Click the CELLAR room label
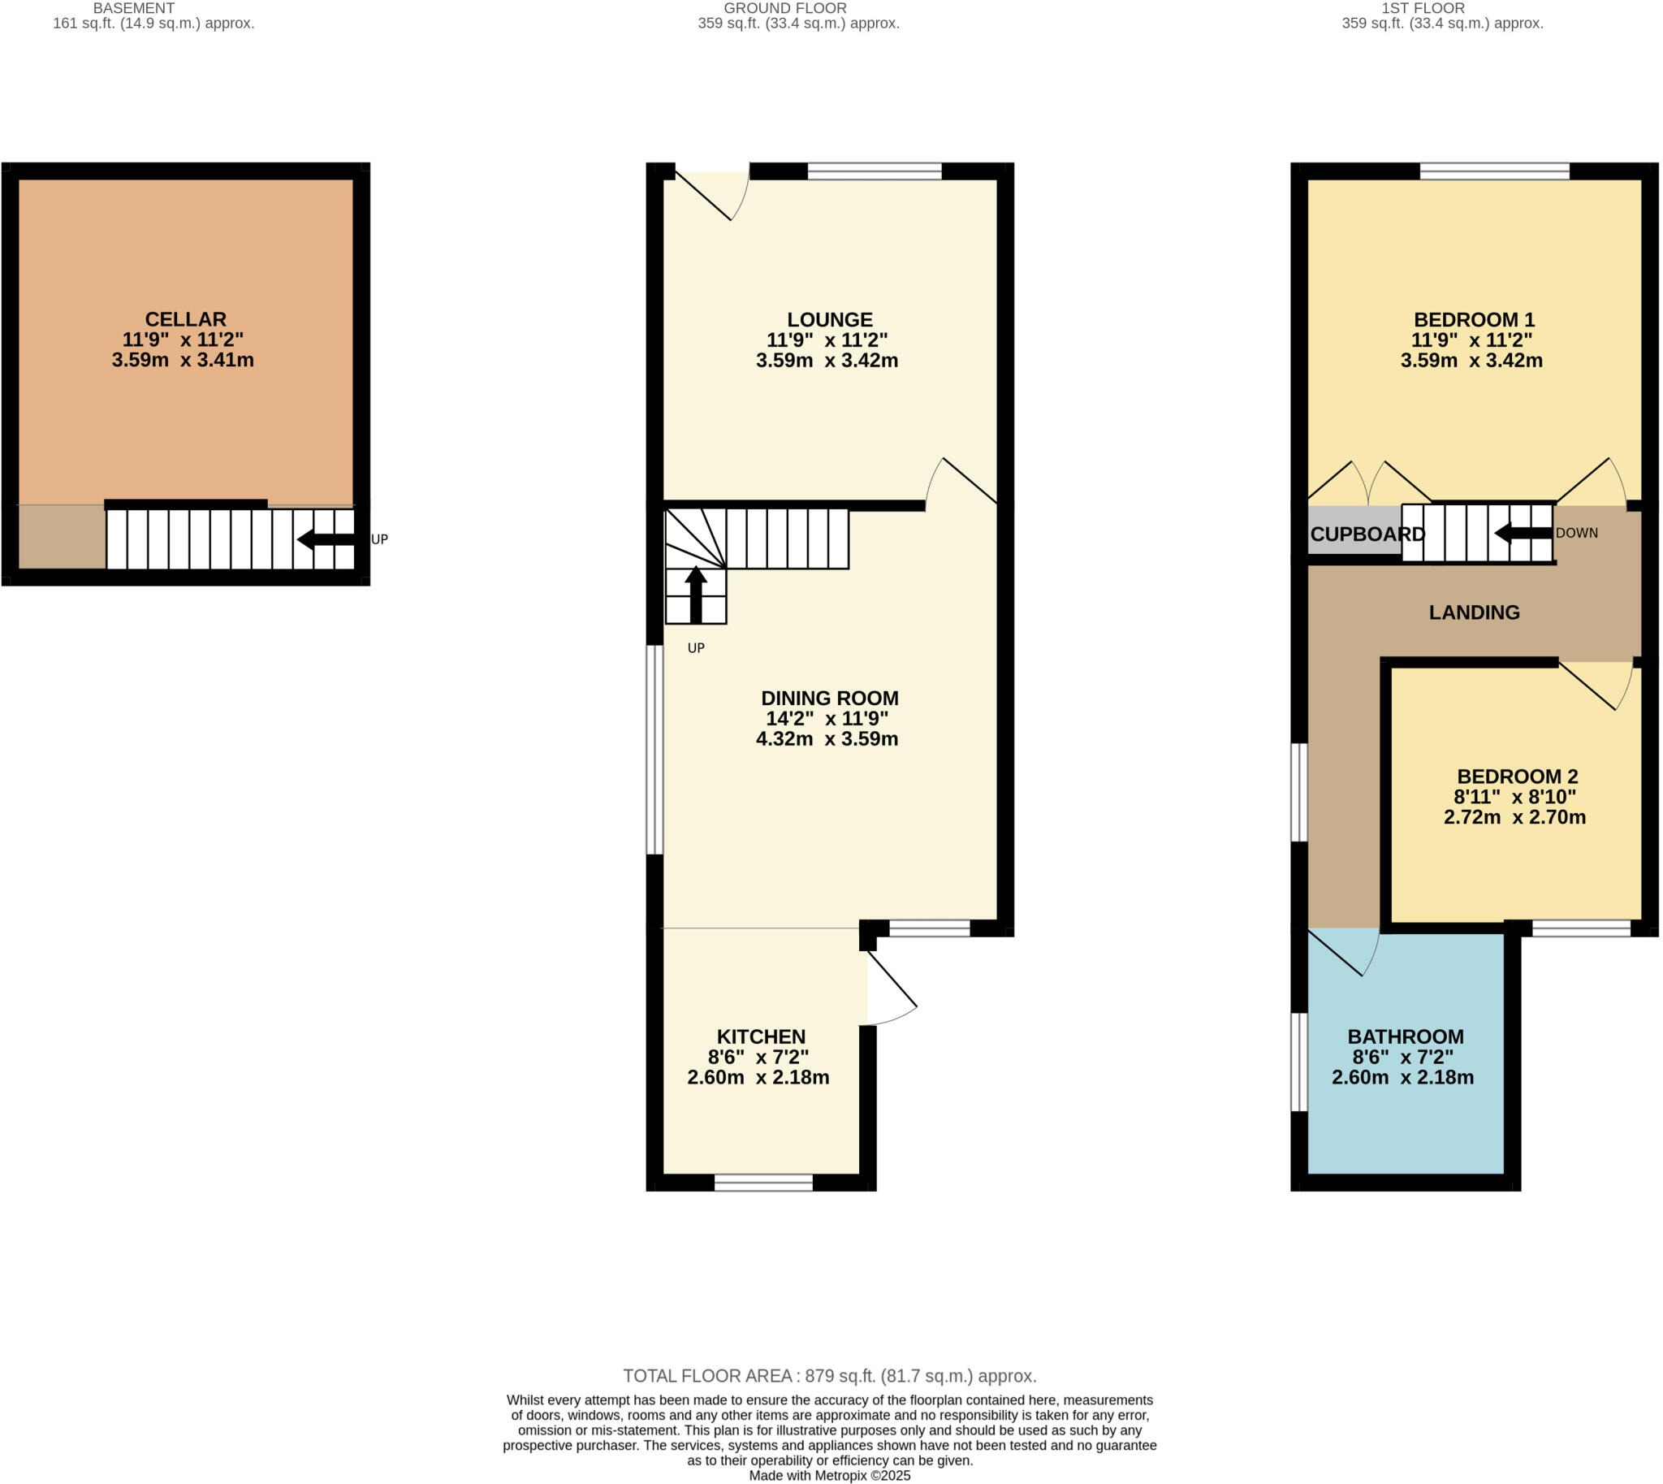click(x=185, y=319)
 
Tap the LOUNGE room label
click(x=829, y=320)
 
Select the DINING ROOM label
click(x=829, y=698)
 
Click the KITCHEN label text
click(x=761, y=1036)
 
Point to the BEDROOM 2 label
click(x=1517, y=777)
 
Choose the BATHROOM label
click(x=1406, y=1036)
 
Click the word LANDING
click(x=1474, y=612)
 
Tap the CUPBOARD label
click(x=1367, y=534)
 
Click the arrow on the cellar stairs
click(x=325, y=539)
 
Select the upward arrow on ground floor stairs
click(x=695, y=594)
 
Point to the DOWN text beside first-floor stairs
click(x=1577, y=534)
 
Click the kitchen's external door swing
click(x=891, y=991)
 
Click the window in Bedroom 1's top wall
click(x=1493, y=171)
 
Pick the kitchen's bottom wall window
click(x=763, y=1183)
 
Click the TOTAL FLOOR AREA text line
click(x=829, y=1376)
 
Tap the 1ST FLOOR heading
click(x=1423, y=8)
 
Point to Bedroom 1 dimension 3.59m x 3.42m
click(x=1471, y=361)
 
